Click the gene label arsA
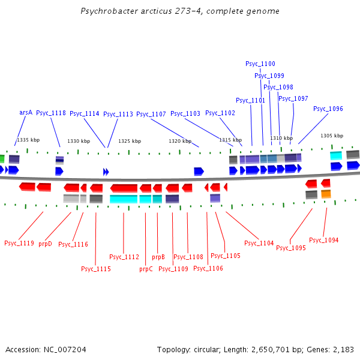tap(26, 112)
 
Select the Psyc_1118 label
tap(51, 113)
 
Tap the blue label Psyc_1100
tap(260, 64)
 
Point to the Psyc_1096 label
tap(328, 109)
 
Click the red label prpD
tap(45, 244)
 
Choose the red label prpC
tap(146, 269)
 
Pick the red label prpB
tap(158, 257)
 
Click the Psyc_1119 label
tap(19, 243)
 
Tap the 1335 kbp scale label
tap(28, 140)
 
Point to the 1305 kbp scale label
tap(332, 136)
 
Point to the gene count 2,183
tap(343, 349)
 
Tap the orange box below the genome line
tap(326, 194)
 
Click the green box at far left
tap(2, 159)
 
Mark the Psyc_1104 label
tap(259, 243)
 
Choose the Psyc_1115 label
tap(96, 269)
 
